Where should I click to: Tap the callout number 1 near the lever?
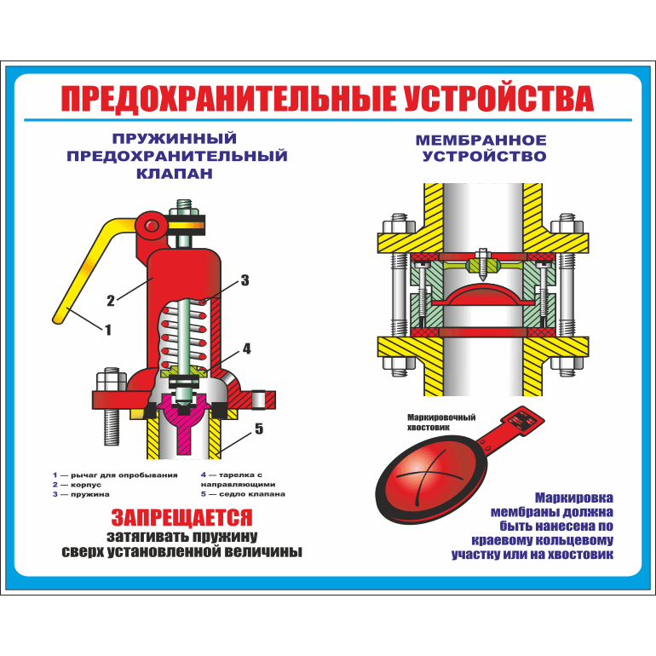pyautogui.click(x=108, y=330)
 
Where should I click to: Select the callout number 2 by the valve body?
pyautogui.click(x=111, y=301)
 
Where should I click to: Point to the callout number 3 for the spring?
pyautogui.click(x=245, y=280)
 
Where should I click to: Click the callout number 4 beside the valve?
pyautogui.click(x=247, y=348)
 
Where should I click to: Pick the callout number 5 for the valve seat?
pyautogui.click(x=259, y=429)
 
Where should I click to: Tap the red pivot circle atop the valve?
pyautogui.click(x=152, y=226)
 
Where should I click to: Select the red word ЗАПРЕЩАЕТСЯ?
pyautogui.click(x=182, y=517)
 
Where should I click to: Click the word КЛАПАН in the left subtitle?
pyautogui.click(x=175, y=173)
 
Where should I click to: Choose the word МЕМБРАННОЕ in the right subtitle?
pyautogui.click(x=481, y=141)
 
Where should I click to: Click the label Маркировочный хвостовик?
pyautogui.click(x=441, y=422)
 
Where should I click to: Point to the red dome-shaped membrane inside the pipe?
pyautogui.click(x=483, y=294)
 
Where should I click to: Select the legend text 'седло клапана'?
pyautogui.click(x=252, y=494)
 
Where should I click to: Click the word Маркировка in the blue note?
pyautogui.click(x=574, y=498)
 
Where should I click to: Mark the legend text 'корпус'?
pyautogui.click(x=86, y=485)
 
